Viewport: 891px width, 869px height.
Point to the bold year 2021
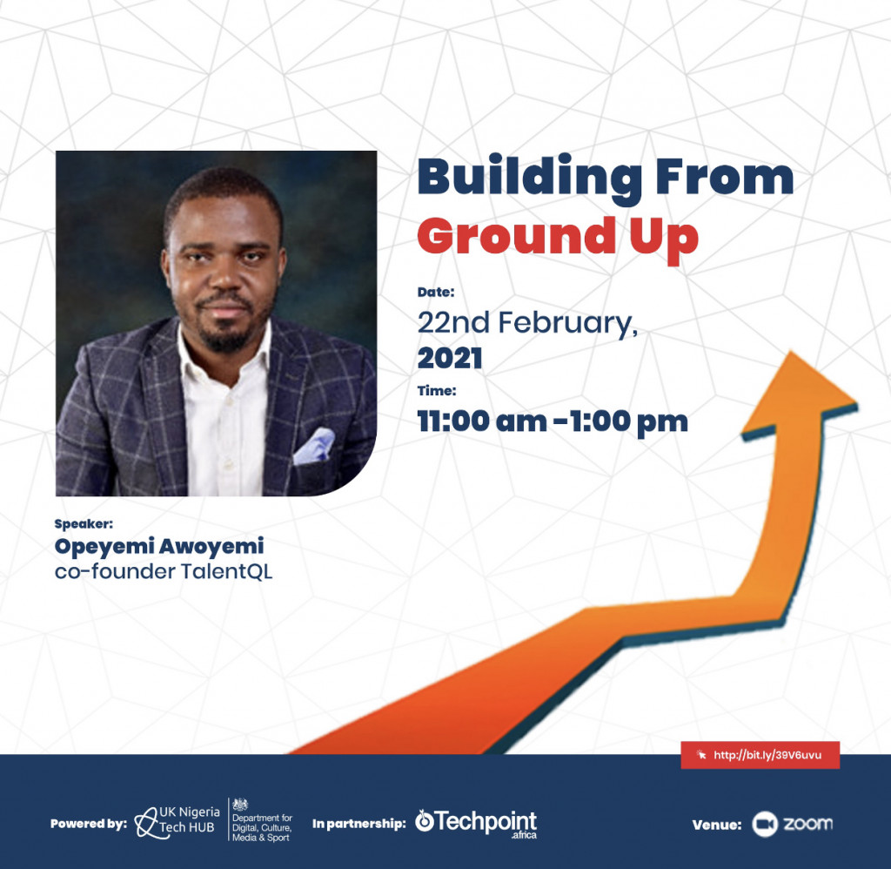coord(450,358)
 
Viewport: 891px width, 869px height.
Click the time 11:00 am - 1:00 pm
coord(553,421)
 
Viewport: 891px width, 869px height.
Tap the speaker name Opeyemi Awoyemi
coord(159,546)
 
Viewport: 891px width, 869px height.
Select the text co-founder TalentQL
coord(164,571)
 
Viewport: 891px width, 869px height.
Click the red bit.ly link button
coord(760,755)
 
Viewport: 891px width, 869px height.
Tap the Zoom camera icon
coord(764,824)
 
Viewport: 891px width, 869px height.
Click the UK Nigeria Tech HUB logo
coord(178,821)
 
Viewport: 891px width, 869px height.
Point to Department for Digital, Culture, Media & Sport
coord(262,820)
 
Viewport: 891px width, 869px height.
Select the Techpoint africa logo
coord(476,823)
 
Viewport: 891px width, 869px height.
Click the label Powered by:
coord(89,824)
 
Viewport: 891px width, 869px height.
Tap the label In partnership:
coord(359,824)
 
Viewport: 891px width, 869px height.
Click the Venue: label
coord(717,825)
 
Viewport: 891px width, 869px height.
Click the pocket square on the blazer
coord(314,445)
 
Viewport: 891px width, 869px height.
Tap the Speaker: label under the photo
coord(84,524)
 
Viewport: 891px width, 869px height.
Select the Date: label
coord(436,292)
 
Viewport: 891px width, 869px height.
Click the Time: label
coord(437,391)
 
